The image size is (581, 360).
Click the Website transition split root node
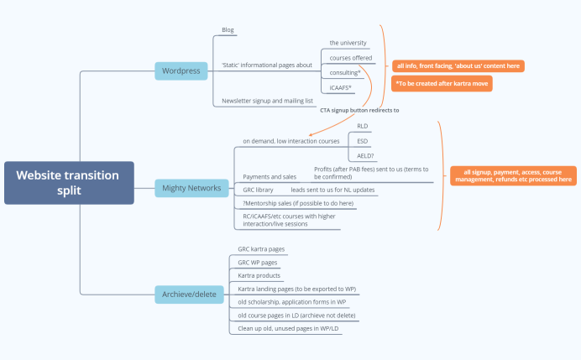68,182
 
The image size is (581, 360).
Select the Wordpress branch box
181,70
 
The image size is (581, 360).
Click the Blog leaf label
228,30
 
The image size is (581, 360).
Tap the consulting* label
344,73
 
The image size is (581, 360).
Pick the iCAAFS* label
340,88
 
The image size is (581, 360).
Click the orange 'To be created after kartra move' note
441,84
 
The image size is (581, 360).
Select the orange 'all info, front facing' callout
458,65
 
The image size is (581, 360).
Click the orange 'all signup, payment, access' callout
512,175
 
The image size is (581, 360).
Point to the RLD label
362,126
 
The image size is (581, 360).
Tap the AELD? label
365,156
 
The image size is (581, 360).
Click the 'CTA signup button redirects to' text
359,110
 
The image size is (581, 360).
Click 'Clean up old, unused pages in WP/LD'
288,328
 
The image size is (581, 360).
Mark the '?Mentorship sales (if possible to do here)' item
298,204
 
